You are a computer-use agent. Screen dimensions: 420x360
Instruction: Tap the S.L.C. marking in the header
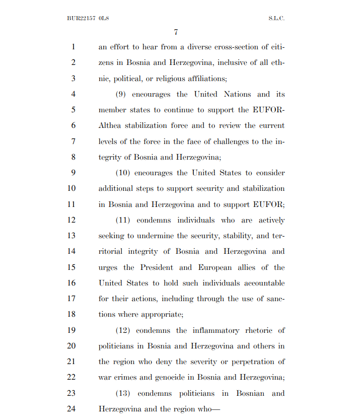pyautogui.click(x=276, y=18)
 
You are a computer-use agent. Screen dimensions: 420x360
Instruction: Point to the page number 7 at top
pyautogui.click(x=176, y=32)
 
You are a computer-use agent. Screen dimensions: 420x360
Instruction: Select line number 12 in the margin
pyautogui.click(x=71, y=220)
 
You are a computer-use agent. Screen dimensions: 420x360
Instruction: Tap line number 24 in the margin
pyautogui.click(x=71, y=409)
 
